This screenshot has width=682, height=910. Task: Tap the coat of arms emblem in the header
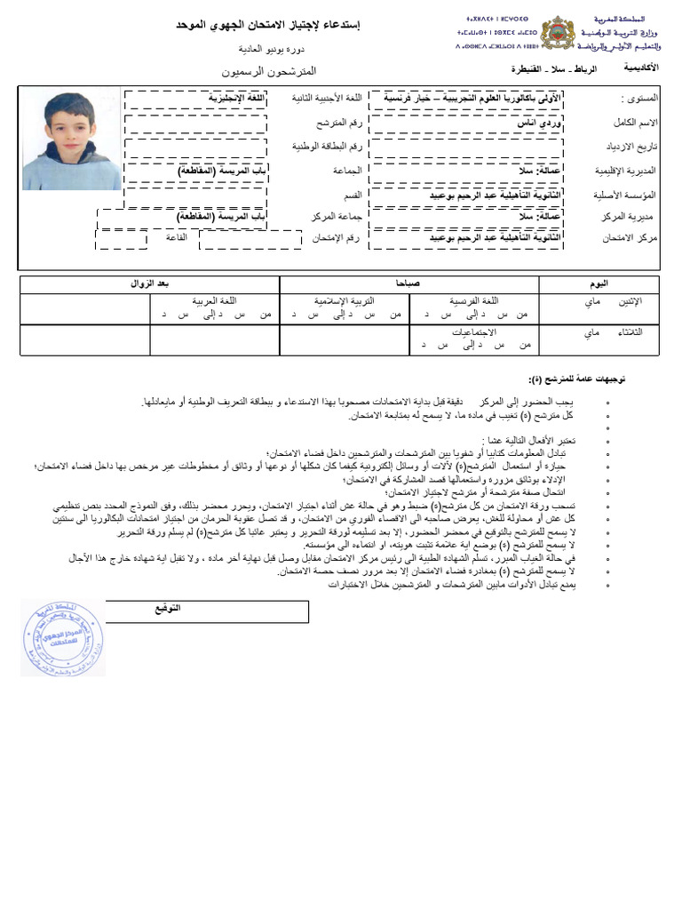click(558, 32)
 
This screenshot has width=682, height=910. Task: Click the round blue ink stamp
click(63, 637)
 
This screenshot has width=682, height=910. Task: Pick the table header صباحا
click(409, 283)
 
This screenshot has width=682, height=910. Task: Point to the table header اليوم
click(600, 283)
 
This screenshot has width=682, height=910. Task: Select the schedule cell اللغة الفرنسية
click(475, 302)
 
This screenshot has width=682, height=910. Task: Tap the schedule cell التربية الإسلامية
click(345, 302)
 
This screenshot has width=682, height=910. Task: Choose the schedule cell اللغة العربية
click(215, 302)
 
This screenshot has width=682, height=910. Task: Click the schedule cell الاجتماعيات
click(474, 331)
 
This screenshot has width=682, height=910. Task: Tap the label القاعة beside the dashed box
click(175, 238)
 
